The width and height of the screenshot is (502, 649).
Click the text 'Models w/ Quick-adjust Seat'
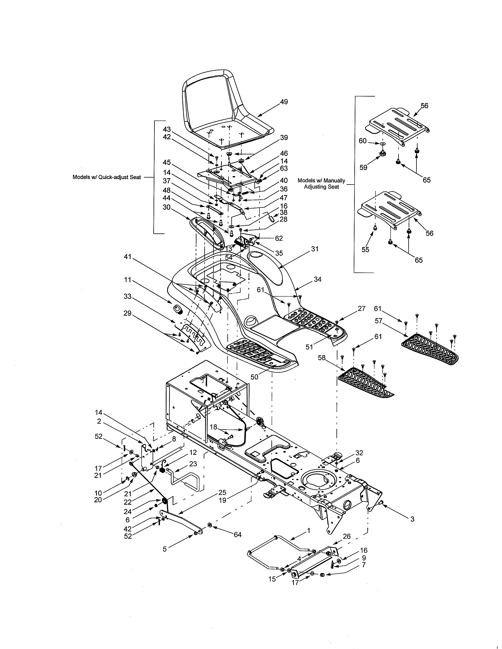pyautogui.click(x=107, y=177)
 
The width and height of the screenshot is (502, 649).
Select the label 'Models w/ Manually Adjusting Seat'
pyautogui.click(x=321, y=184)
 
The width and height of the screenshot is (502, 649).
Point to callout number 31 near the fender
pyautogui.click(x=315, y=249)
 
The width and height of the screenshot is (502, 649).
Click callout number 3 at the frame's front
pyautogui.click(x=412, y=519)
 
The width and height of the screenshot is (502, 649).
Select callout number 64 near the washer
pyautogui.click(x=237, y=535)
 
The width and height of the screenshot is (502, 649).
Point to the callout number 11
pyautogui.click(x=128, y=280)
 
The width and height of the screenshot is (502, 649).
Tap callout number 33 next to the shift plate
pyautogui.click(x=128, y=296)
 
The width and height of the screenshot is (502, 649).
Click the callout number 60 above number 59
pyautogui.click(x=362, y=141)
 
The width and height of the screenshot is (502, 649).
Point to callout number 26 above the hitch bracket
pyautogui.click(x=346, y=536)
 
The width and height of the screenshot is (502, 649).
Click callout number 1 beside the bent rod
pyautogui.click(x=308, y=530)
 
